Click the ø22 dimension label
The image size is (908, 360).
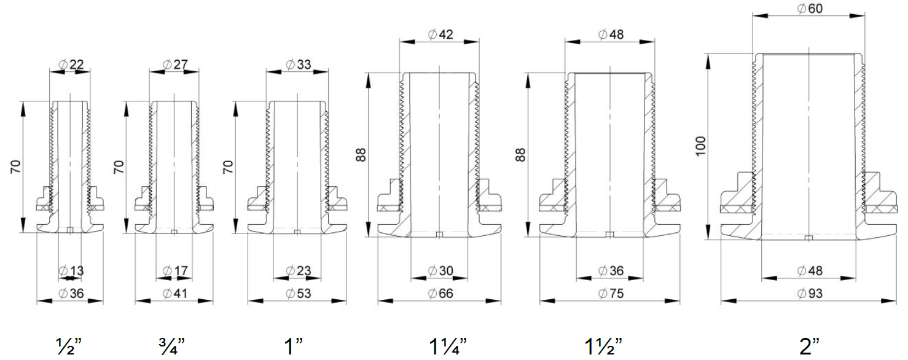click(x=71, y=64)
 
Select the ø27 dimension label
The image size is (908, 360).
click(x=175, y=64)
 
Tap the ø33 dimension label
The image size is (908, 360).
click(x=299, y=64)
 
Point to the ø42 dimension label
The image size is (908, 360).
click(x=440, y=34)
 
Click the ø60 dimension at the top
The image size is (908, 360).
click(x=810, y=9)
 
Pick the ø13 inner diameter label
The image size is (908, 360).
click(x=71, y=270)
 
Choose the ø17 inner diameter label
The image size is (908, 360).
click(x=175, y=270)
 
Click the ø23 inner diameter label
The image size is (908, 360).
click(x=299, y=270)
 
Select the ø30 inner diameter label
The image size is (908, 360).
click(x=440, y=270)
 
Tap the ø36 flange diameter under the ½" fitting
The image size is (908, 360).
click(x=71, y=293)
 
